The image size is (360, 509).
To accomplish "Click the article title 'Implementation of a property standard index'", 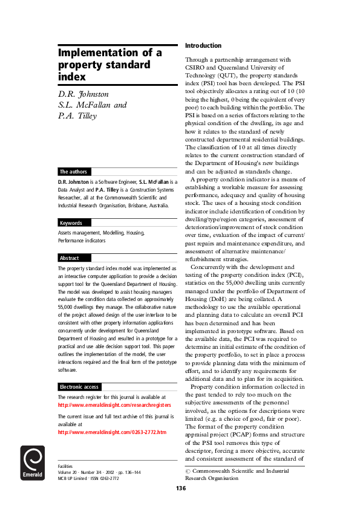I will [x=110, y=65].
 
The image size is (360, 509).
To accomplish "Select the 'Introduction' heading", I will [x=203, y=45].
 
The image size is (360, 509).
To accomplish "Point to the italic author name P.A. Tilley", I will [x=77, y=116].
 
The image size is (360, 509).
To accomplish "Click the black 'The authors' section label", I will [x=72, y=172].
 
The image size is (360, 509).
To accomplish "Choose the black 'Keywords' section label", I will [x=71, y=223].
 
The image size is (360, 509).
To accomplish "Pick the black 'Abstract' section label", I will [x=70, y=258].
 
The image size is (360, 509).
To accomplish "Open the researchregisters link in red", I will [x=114, y=405].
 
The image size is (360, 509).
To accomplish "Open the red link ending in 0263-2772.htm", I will [x=111, y=432].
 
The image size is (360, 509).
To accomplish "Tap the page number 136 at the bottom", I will [x=181, y=488].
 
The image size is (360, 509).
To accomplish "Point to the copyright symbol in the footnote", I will [x=188, y=470].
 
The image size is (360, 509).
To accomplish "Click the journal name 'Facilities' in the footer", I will [x=65, y=467].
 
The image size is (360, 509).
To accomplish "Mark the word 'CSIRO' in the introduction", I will [x=197, y=67].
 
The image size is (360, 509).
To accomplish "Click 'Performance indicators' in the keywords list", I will [x=82, y=240].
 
